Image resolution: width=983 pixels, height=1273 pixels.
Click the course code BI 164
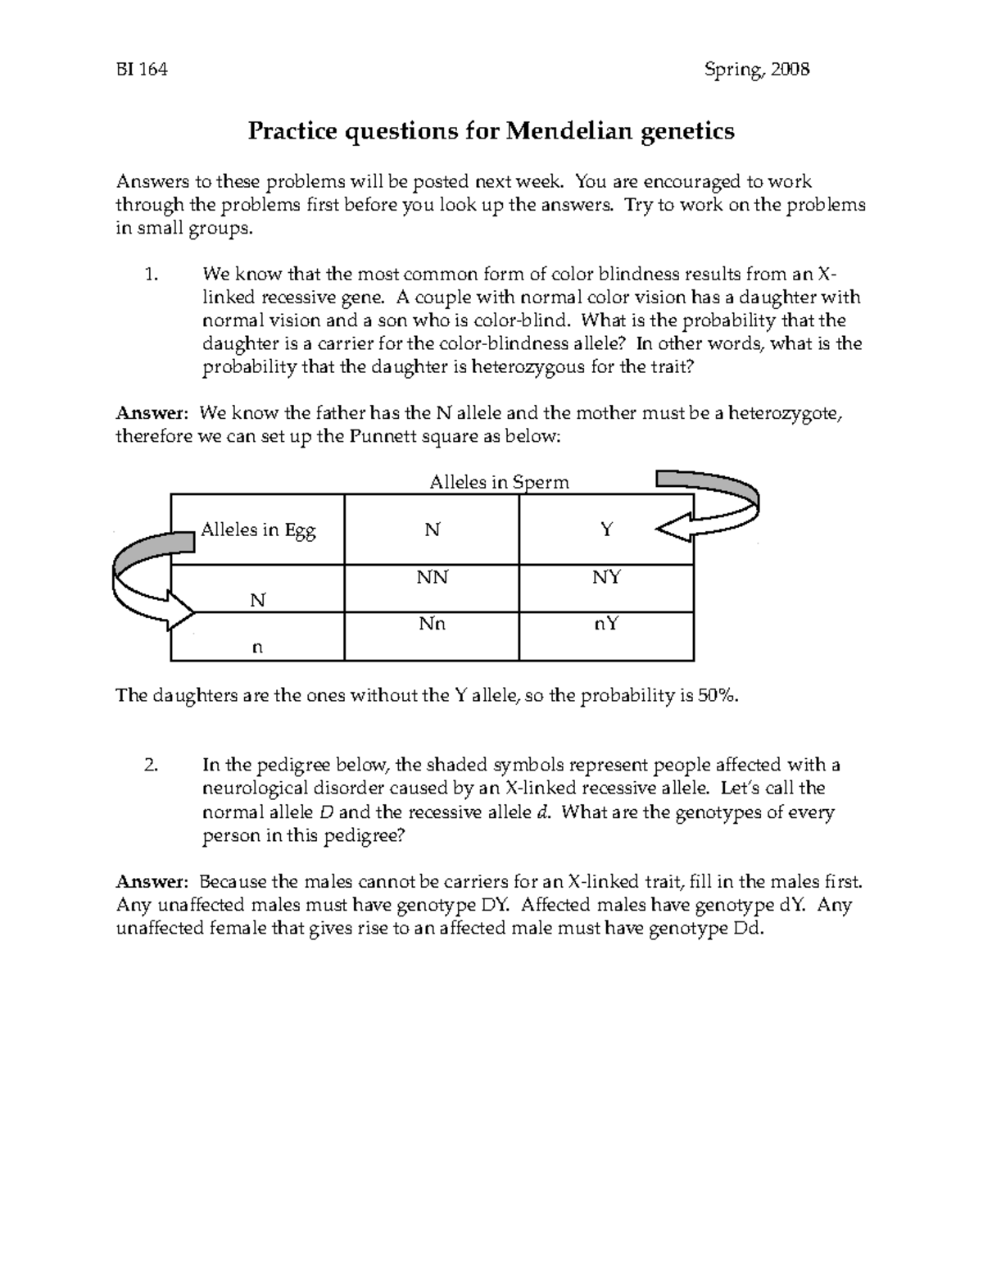pyautogui.click(x=141, y=70)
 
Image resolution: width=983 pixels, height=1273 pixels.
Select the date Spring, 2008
pyautogui.click(x=757, y=70)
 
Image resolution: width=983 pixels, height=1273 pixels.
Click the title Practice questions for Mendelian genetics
pyautogui.click(x=491, y=131)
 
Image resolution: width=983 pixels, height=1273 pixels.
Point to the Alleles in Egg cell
pyautogui.click(x=258, y=530)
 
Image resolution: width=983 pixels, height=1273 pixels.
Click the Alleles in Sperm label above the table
pyautogui.click(x=499, y=482)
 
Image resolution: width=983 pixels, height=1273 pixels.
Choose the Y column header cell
pyautogui.click(x=606, y=530)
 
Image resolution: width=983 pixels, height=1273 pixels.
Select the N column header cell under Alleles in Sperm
pyautogui.click(x=432, y=530)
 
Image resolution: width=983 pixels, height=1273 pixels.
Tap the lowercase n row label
pyautogui.click(x=257, y=647)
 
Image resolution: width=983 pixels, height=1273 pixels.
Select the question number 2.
pyautogui.click(x=149, y=766)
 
